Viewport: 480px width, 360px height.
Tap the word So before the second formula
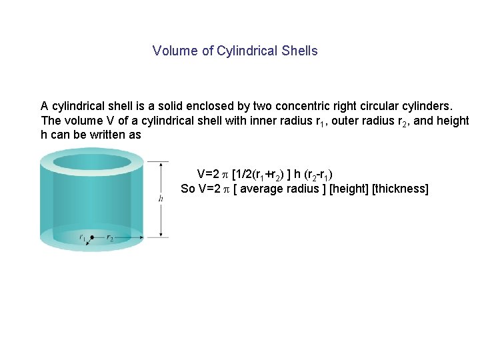pos(188,189)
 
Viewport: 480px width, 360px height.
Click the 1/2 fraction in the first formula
pos(245,174)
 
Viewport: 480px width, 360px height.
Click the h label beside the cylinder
pos(161,199)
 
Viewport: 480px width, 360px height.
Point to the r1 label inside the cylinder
pos(83,237)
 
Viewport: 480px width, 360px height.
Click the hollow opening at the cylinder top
pos(91,162)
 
